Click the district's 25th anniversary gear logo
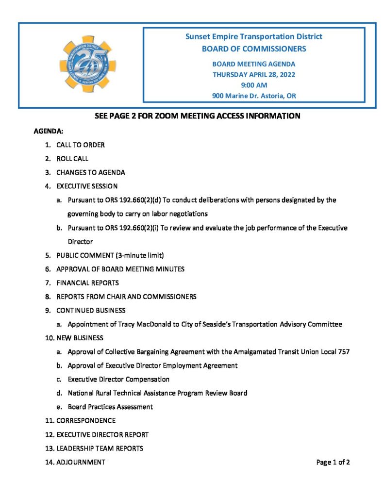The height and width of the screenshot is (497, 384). pos(87,64)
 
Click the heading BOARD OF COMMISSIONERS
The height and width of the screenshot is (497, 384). pos(254,49)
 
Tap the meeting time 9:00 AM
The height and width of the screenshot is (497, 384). pos(254,85)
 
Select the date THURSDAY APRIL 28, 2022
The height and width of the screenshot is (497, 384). pos(254,74)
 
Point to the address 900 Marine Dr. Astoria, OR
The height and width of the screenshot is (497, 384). pos(254,96)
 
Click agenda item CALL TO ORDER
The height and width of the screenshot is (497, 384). pos(81,145)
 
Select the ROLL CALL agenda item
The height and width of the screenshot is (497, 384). pos(72,158)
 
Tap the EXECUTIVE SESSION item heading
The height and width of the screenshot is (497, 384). pos(87,186)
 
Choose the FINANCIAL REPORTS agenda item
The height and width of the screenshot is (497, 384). pos(87,282)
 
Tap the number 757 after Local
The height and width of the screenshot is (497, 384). pos(343,351)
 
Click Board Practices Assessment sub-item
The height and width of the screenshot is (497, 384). pos(110,407)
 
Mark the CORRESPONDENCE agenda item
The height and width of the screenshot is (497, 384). pos(86,420)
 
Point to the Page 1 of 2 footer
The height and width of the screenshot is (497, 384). pos(333,462)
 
